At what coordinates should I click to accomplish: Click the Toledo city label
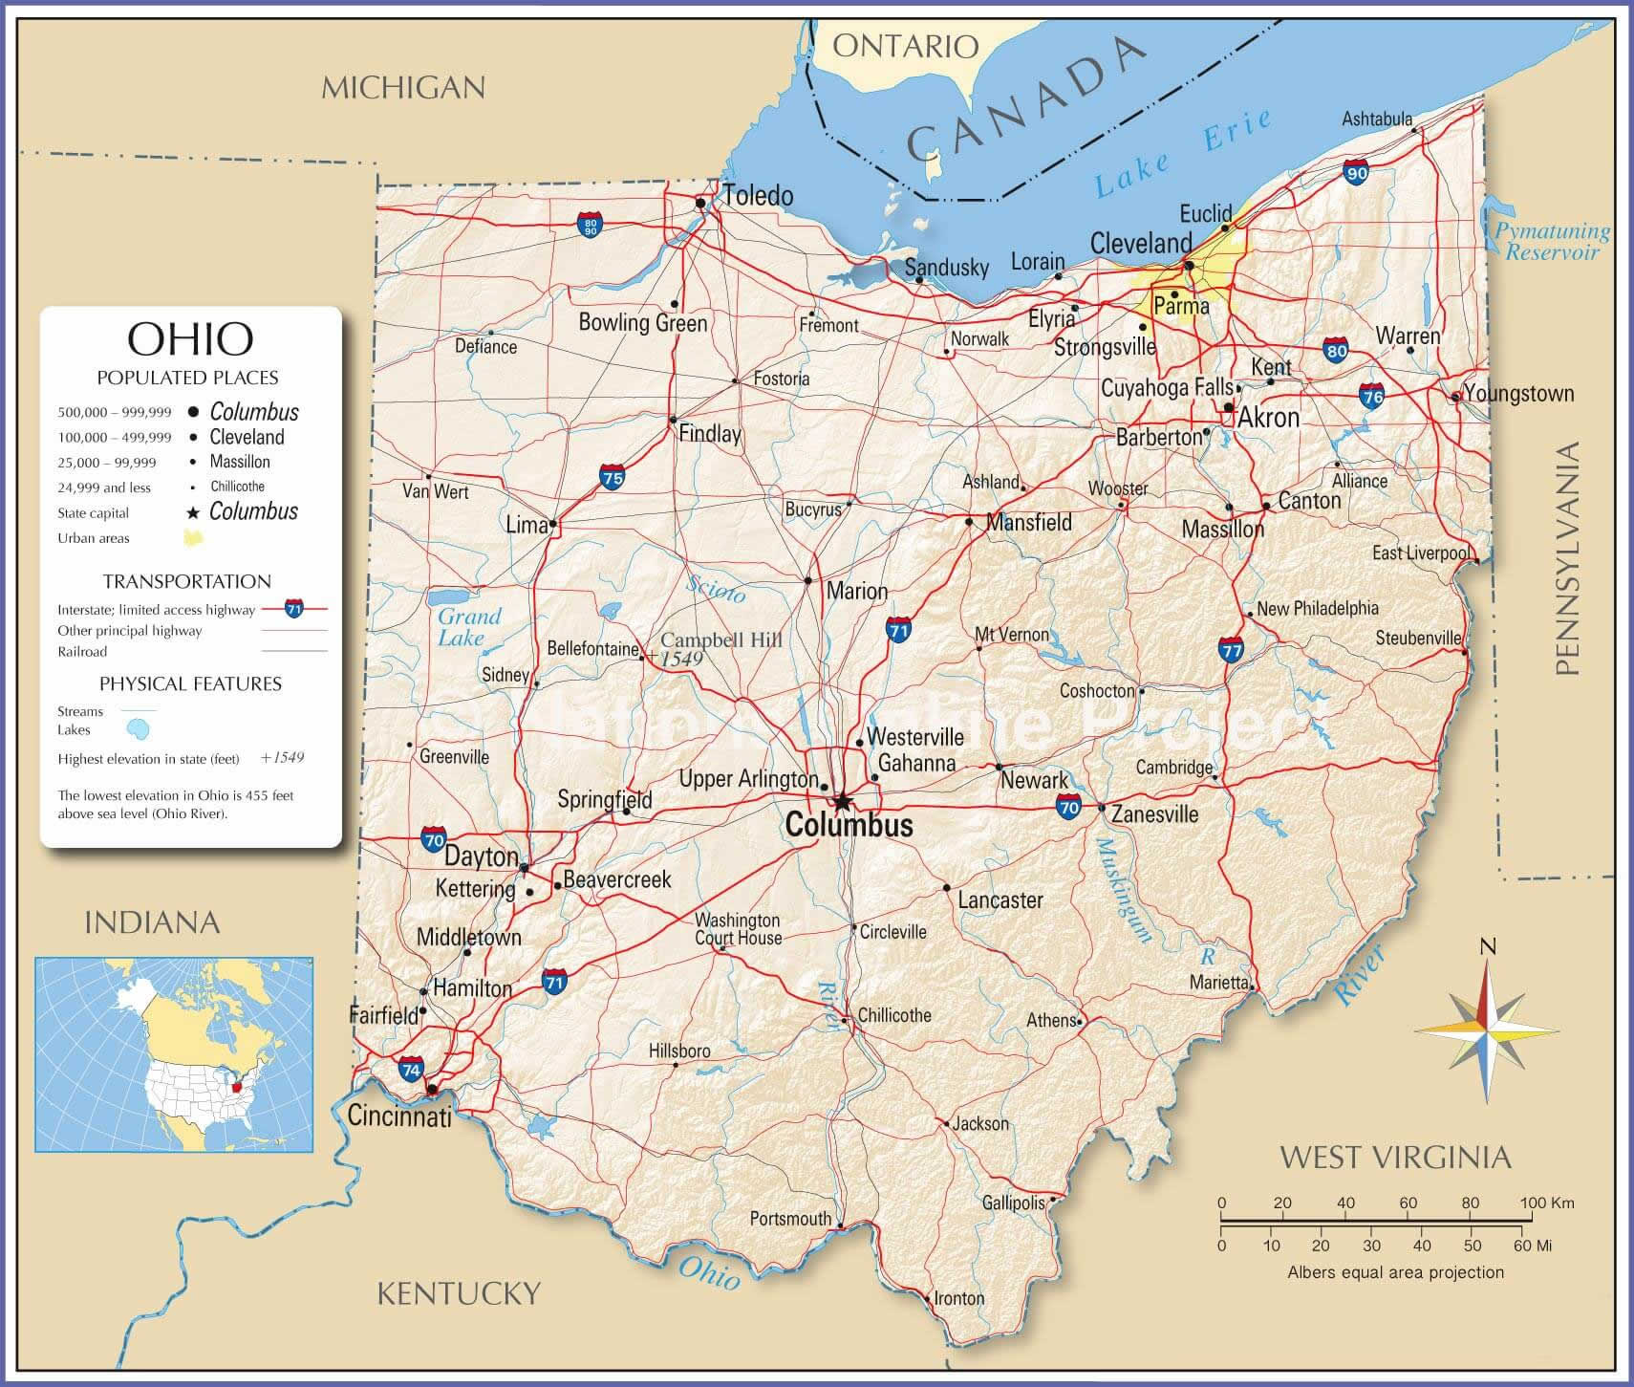click(757, 196)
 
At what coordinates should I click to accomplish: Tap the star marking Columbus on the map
click(842, 801)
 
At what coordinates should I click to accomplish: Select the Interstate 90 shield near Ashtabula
click(1356, 172)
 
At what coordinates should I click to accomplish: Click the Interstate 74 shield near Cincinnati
click(411, 1069)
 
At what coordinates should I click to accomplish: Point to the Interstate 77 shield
click(1232, 650)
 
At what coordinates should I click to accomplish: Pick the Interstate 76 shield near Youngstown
click(1372, 396)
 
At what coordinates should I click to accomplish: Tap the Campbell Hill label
click(721, 640)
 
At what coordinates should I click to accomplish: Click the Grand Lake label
click(469, 627)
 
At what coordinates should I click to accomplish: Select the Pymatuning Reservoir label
click(1552, 242)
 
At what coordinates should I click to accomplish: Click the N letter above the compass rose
click(1487, 947)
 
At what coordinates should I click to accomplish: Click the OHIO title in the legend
click(190, 337)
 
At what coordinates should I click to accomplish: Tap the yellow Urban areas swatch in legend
click(193, 537)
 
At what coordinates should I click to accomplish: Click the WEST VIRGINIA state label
click(1395, 1158)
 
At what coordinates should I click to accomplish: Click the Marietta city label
click(1218, 982)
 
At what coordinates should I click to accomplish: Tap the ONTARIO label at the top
click(905, 45)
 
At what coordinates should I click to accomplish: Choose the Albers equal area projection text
click(1395, 1272)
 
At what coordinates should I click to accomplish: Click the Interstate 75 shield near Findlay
click(613, 476)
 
